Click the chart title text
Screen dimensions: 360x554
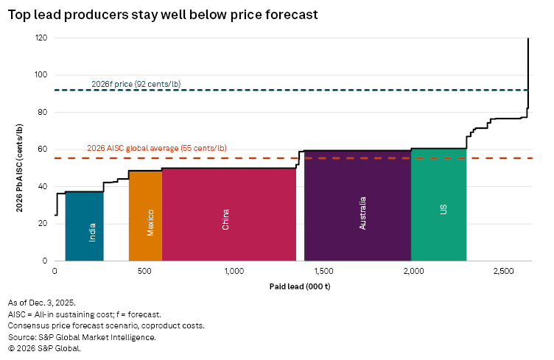[163, 14]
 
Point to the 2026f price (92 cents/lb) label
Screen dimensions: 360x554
[136, 84]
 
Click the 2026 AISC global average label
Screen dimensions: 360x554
[157, 148]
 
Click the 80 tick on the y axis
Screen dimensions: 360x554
[42, 113]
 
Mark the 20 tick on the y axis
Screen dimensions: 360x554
[42, 224]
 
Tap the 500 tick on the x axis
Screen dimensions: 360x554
[144, 272]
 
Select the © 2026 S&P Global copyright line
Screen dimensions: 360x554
[43, 348]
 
